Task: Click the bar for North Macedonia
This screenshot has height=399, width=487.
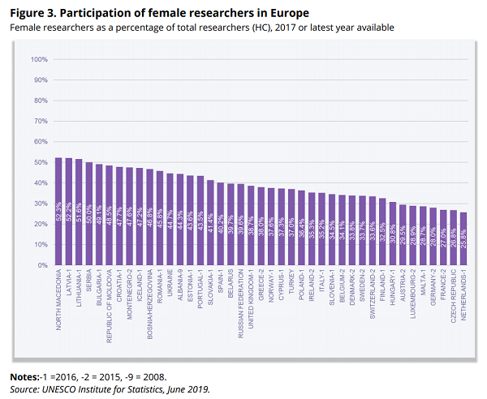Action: [x=58, y=212]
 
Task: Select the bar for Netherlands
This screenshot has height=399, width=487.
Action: [x=463, y=238]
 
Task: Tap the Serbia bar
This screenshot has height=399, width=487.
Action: [x=88, y=214]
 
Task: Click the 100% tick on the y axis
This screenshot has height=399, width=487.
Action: [x=40, y=60]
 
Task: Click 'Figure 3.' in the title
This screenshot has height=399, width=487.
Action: [x=33, y=13]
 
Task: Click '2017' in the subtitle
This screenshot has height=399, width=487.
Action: [x=282, y=28]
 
